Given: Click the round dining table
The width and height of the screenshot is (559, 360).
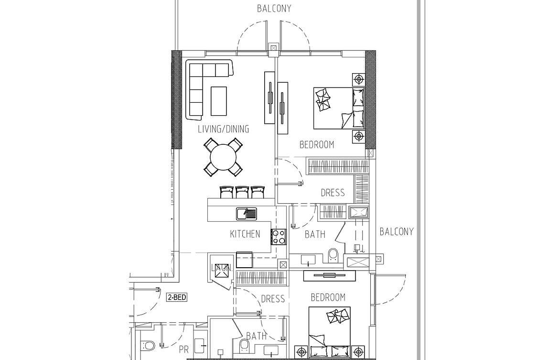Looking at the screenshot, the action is tap(224, 157).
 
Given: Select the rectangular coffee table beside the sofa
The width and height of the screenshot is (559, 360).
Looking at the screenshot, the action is tap(218, 101).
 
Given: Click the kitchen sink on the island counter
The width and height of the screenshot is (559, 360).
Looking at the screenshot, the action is tap(247, 214).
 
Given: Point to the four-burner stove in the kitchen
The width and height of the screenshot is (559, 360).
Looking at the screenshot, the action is tap(279, 237).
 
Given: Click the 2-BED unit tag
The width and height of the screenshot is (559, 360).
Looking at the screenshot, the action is tap(177, 297).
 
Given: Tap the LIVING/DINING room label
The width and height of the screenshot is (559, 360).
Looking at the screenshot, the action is tap(224, 129).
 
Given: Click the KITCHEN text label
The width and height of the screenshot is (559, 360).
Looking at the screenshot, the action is tap(245, 234).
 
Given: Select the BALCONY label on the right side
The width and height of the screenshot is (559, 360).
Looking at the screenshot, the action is tap(397, 232).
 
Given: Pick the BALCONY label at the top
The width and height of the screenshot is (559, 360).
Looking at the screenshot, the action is tap(274, 9).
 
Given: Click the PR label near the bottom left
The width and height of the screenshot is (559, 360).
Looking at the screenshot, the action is tap(183, 350).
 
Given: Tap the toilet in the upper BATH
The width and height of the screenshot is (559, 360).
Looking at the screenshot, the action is tap(333, 255).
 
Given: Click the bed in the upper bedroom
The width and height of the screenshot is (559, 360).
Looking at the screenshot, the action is tap(339, 108).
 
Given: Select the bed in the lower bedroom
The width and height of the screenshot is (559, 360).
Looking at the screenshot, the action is tap(329, 332).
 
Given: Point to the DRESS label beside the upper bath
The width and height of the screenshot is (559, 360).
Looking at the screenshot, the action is tap(333, 193).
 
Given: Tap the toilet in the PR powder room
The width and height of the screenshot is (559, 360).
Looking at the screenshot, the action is tap(148, 345).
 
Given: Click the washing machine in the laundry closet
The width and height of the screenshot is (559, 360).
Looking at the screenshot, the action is tap(221, 271).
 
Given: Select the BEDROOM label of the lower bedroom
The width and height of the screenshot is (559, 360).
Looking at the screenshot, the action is tap(328, 297).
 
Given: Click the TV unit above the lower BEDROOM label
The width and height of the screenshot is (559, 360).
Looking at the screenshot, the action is tap(329, 276).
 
